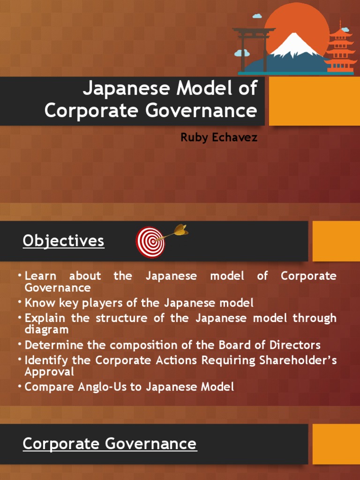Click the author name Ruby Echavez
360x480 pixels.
218,138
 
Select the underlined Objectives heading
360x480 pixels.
63,241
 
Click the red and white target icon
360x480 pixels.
150,242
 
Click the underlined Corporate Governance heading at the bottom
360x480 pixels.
110,443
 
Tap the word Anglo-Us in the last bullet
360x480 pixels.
88,387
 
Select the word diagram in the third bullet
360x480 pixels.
47,330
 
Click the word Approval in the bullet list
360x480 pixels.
50,372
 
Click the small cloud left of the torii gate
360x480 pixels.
242,53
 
